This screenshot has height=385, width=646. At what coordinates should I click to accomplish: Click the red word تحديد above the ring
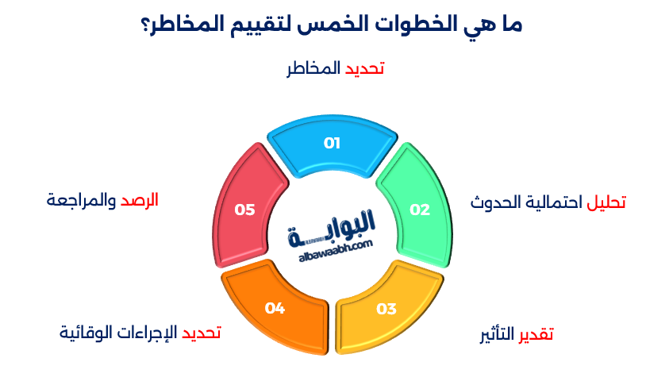click(x=364, y=69)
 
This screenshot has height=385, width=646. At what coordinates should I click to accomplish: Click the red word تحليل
click(x=606, y=202)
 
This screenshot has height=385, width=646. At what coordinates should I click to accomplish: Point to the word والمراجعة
click(x=82, y=200)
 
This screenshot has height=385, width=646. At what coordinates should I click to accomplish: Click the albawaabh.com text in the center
click(x=336, y=254)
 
